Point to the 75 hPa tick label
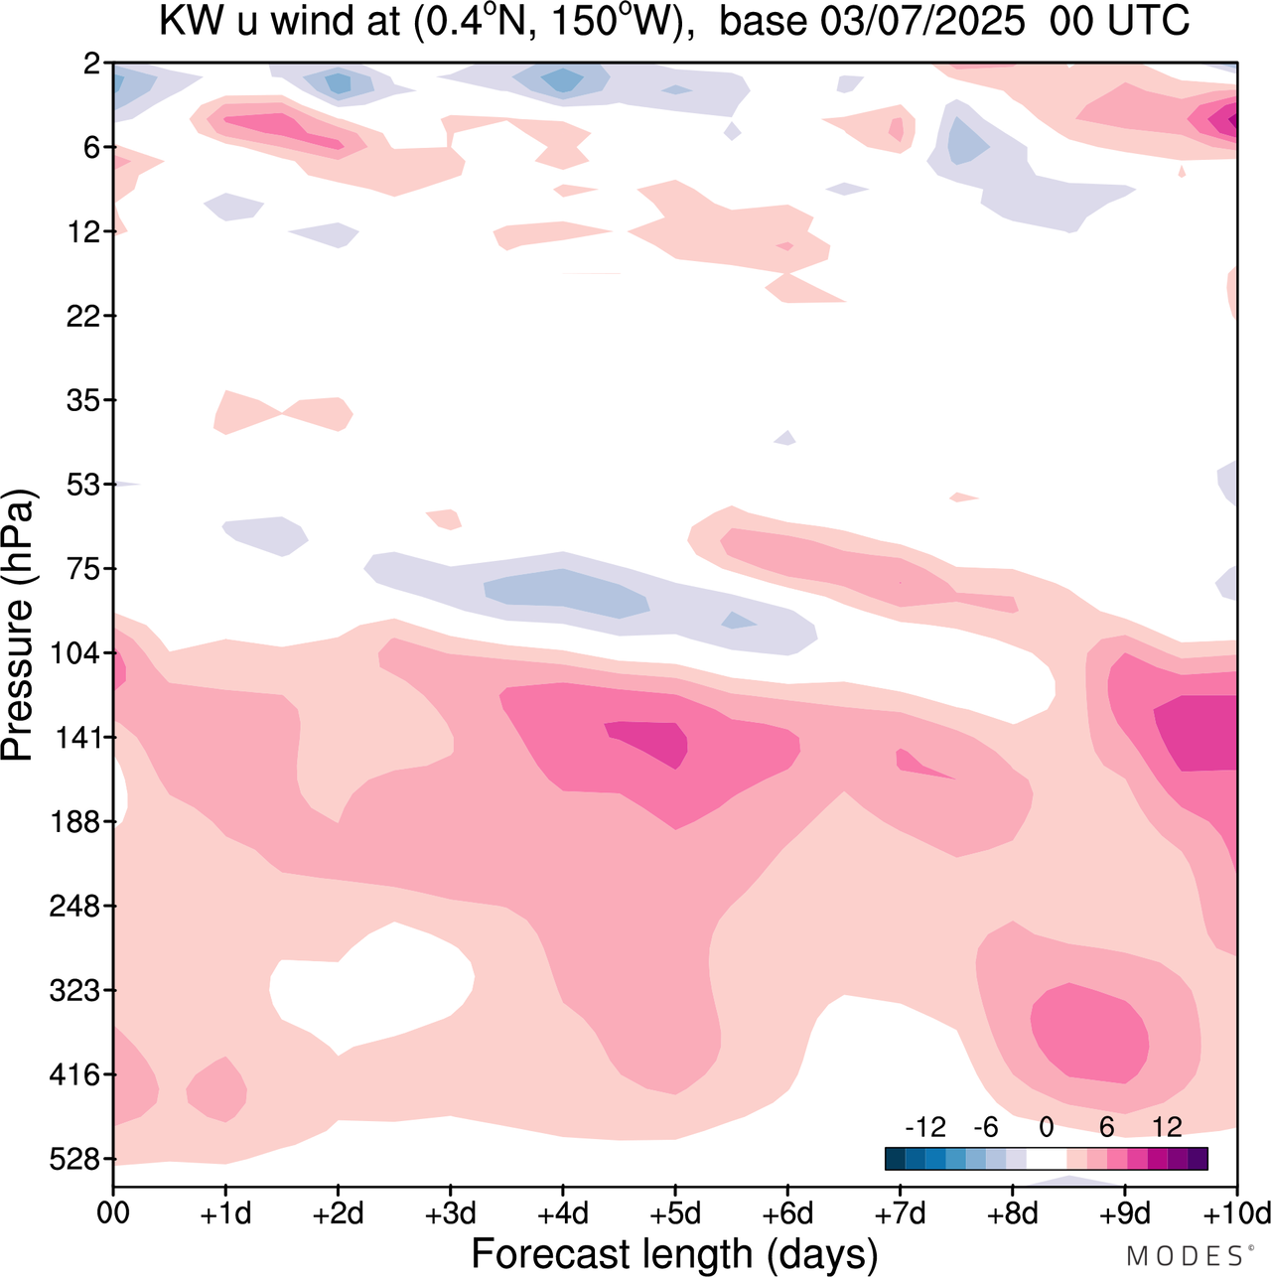(x=83, y=569)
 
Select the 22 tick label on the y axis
(x=83, y=316)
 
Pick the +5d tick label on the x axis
(x=675, y=1214)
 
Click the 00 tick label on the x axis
(x=113, y=1214)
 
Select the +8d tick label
(x=1013, y=1214)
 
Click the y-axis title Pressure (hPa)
(x=18, y=626)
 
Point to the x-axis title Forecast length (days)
(x=674, y=1254)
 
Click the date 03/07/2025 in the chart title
(x=922, y=21)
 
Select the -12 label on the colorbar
(x=925, y=1127)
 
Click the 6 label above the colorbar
(x=1106, y=1127)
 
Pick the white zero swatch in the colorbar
(x=1047, y=1159)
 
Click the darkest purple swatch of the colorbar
(x=1198, y=1159)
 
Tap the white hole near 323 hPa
(x=372, y=988)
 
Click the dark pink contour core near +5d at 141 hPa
(x=650, y=740)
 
